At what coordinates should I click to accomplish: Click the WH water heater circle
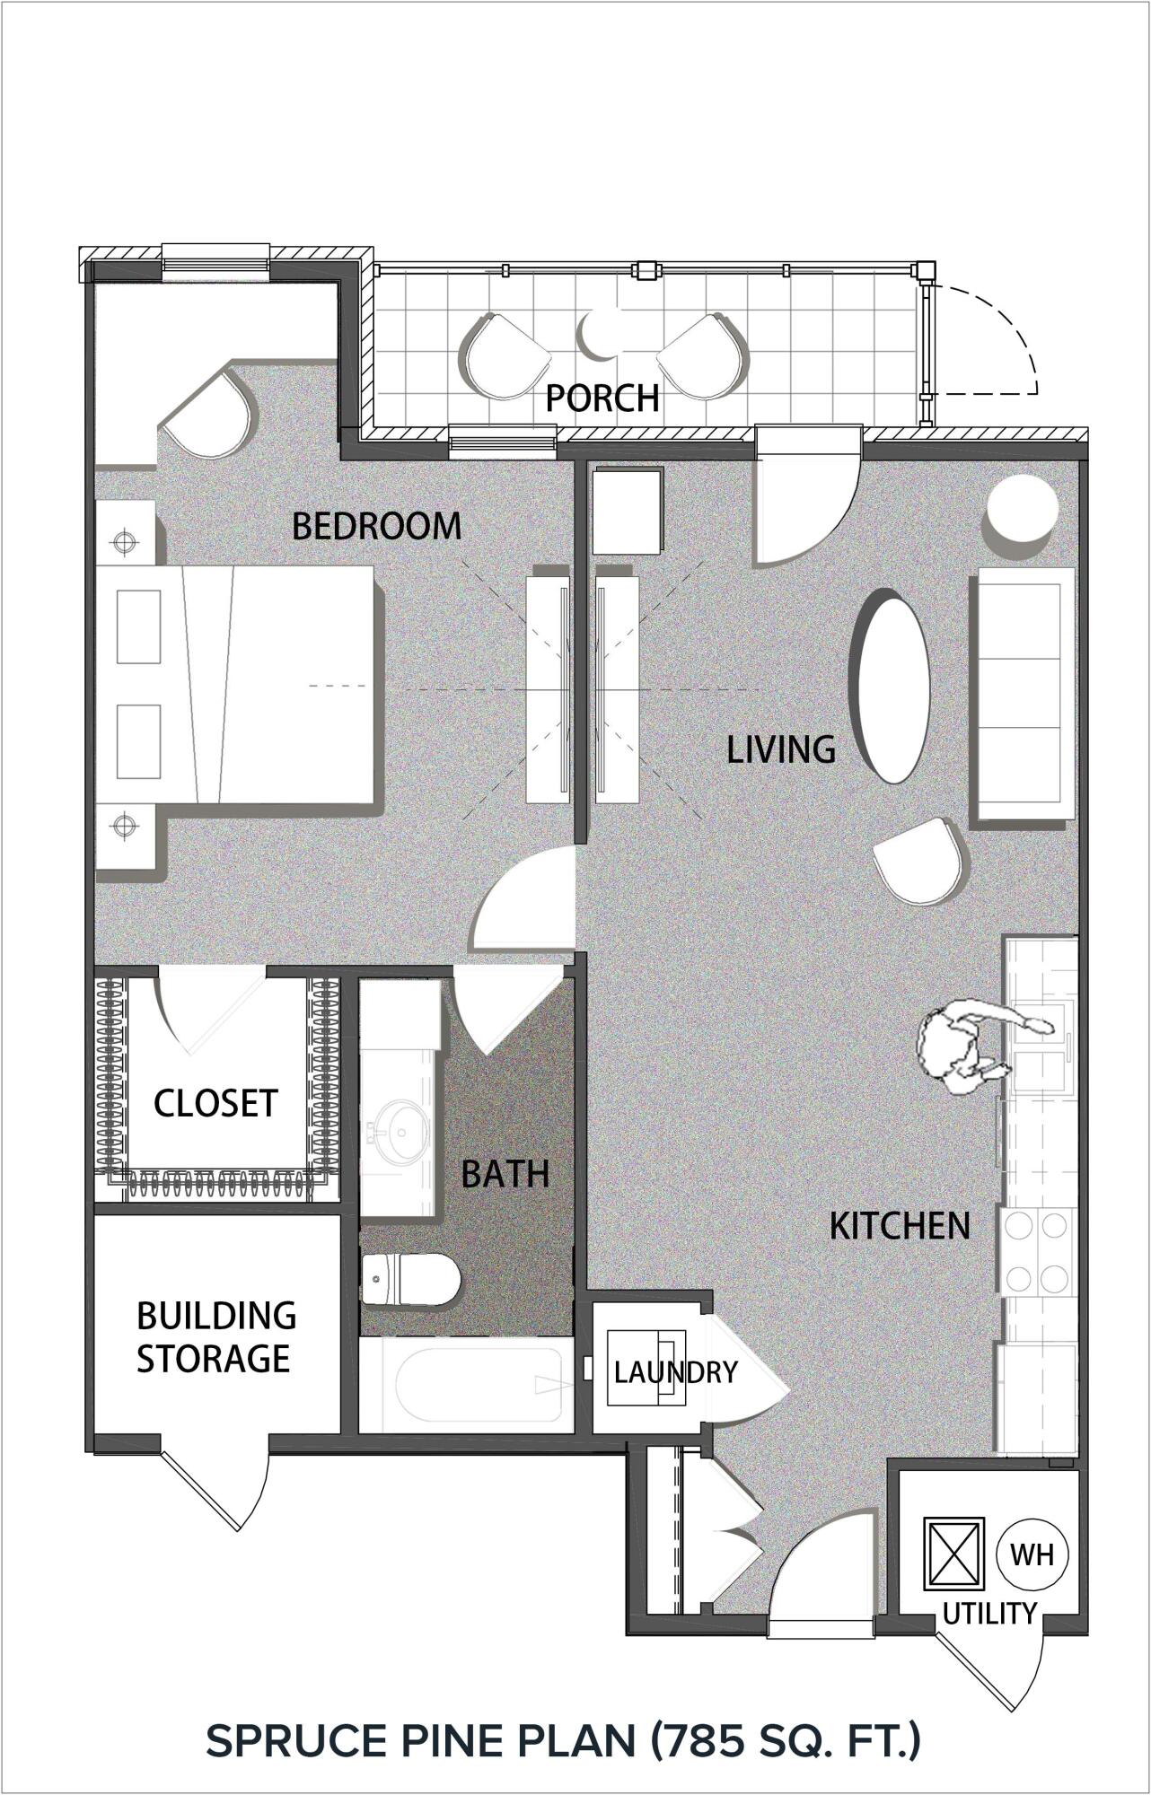click(1032, 1554)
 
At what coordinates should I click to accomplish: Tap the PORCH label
click(602, 398)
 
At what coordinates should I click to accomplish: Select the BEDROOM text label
click(376, 526)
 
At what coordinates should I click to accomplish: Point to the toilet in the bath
click(410, 1279)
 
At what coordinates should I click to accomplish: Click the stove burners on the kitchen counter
click(1039, 1251)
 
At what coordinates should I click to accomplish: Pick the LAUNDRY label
click(675, 1372)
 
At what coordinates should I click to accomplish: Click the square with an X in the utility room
click(954, 1553)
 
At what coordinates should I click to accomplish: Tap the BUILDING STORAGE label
click(215, 1337)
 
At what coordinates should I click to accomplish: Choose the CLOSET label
click(215, 1103)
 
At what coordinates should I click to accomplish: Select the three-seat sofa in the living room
click(1024, 694)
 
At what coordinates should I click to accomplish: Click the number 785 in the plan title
click(705, 1739)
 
